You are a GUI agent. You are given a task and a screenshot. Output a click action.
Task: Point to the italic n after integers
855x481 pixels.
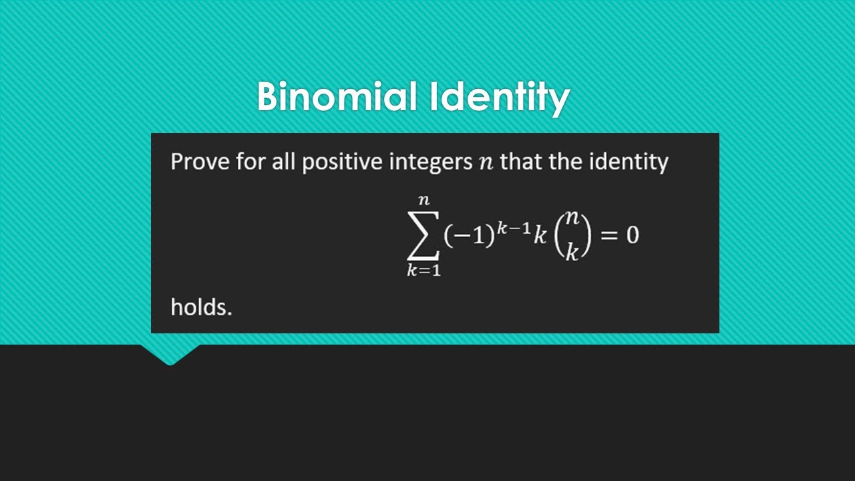(x=486, y=163)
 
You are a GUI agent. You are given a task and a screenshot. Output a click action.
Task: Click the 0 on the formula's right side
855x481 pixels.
(x=632, y=236)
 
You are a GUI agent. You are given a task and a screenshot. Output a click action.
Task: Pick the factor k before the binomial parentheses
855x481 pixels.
(x=540, y=236)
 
